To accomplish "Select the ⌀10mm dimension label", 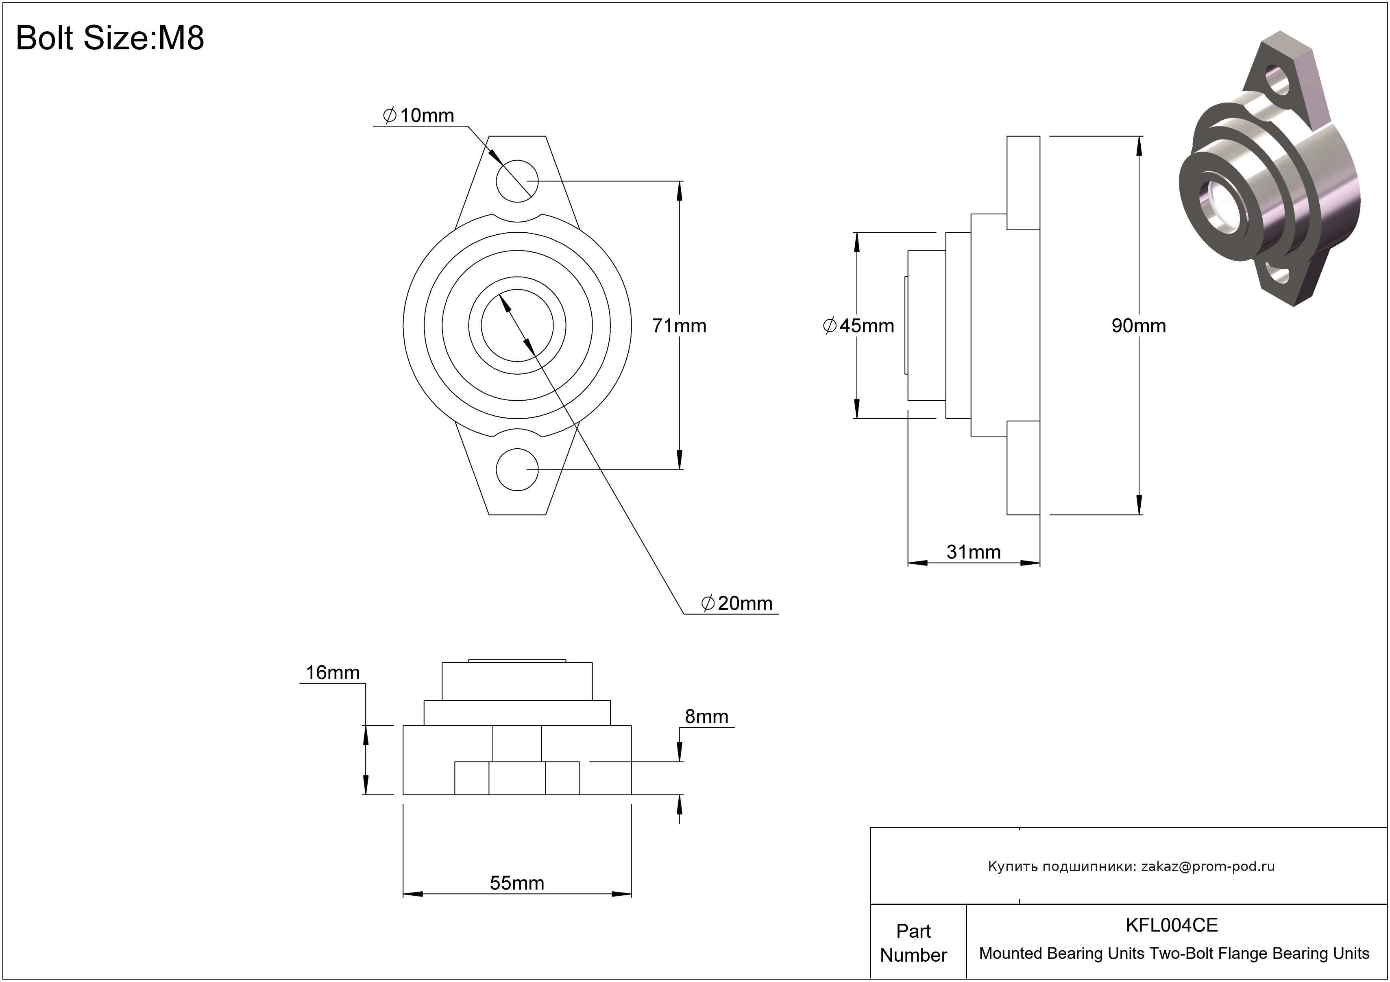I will (x=418, y=115).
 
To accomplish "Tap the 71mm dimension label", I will (x=679, y=326).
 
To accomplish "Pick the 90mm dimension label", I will (x=1138, y=326).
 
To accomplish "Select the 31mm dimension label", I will (x=973, y=552).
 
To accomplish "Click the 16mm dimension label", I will (x=332, y=672).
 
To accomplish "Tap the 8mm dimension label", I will (x=706, y=716).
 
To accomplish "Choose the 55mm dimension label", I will (x=516, y=883).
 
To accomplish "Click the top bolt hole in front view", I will (x=516, y=181).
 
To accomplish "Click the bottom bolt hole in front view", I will (x=516, y=469).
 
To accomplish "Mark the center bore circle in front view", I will (x=516, y=326).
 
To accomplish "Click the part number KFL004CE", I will (x=1172, y=925).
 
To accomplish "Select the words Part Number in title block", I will (x=913, y=943).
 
